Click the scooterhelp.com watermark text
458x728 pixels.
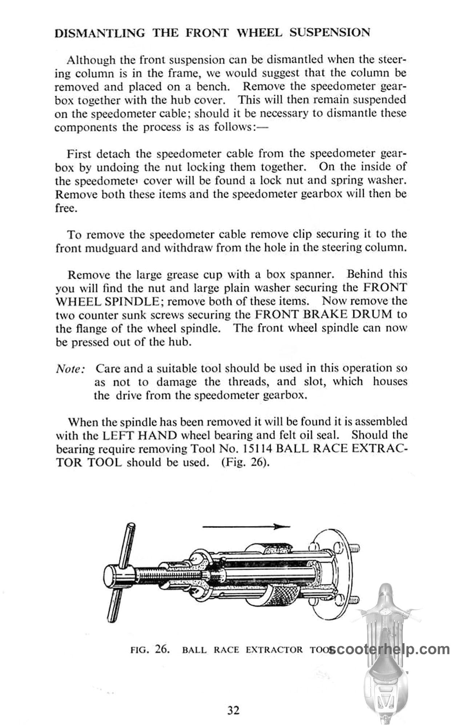pyautogui.click(x=389, y=649)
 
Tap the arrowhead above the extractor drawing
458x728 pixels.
pyautogui.click(x=281, y=526)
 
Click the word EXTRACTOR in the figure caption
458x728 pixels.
pyautogui.click(x=274, y=650)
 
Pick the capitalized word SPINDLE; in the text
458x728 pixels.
pyautogui.click(x=134, y=301)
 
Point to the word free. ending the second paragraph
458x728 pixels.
pyautogui.click(x=66, y=209)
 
